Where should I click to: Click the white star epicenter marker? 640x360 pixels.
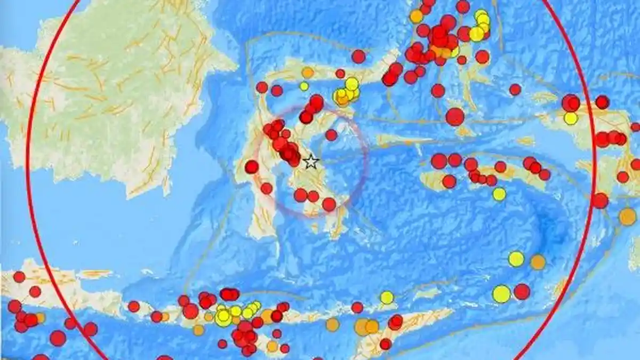click(310, 162)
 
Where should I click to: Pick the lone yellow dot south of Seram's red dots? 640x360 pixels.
click(499, 194)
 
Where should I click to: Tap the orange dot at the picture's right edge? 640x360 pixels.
click(628, 217)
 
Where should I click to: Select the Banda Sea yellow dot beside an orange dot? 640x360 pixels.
click(516, 259)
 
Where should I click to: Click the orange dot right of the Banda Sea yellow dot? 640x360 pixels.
click(538, 262)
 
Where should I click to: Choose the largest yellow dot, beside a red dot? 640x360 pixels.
click(501, 294)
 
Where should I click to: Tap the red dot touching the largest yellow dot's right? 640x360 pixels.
click(522, 292)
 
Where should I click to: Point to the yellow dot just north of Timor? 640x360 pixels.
click(387, 297)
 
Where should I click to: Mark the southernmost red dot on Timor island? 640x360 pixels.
click(385, 344)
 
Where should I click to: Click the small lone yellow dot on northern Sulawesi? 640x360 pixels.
click(304, 86)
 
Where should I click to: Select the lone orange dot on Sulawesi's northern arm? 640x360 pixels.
click(308, 73)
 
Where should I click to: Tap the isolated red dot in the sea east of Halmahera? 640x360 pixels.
click(515, 90)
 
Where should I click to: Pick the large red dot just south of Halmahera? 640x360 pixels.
click(455, 116)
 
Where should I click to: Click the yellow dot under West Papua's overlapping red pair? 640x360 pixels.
click(571, 118)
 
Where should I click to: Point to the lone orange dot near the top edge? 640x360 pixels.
click(417, 17)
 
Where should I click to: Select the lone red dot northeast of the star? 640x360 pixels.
click(331, 135)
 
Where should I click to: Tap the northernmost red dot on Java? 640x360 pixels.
click(19, 277)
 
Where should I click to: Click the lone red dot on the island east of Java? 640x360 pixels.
click(134, 307)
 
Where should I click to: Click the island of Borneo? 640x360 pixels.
click(117, 96)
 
